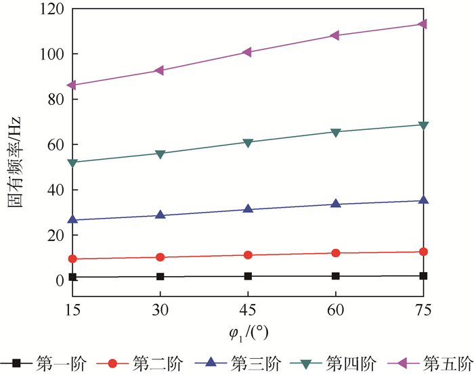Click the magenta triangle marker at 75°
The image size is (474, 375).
point(423,24)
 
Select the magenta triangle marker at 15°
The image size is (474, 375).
point(72,85)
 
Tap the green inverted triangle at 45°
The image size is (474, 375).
point(248,143)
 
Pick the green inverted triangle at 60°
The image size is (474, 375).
point(335,132)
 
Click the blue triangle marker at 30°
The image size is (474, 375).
point(160,215)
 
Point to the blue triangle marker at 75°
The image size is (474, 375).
point(423,200)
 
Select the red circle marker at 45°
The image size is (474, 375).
point(248,255)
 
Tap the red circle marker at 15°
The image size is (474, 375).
point(72,259)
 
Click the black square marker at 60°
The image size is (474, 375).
point(335,276)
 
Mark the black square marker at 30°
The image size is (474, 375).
point(160,277)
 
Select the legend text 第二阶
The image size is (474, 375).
point(157,363)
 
